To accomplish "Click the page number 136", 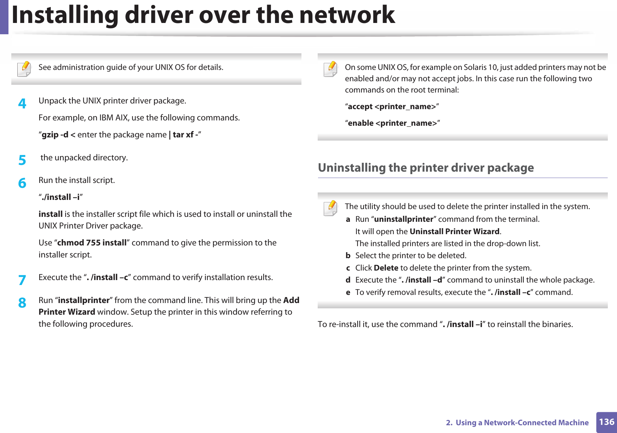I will (x=606, y=422).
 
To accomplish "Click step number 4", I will (x=22, y=103).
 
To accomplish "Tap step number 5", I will (x=22, y=160).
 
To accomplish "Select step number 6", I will (x=22, y=183).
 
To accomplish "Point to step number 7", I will (x=22, y=280).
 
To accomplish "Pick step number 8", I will (x=22, y=303).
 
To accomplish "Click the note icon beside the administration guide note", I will (x=24, y=69).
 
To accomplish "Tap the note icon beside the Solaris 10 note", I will (x=330, y=69).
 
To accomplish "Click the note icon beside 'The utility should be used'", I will (x=330, y=208).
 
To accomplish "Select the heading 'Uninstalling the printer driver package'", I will (x=426, y=167).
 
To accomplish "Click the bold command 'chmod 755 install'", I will (x=92, y=243).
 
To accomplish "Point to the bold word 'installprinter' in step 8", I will (x=84, y=300).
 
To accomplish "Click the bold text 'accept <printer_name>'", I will (x=392, y=107).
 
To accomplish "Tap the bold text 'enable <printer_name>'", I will (x=393, y=123).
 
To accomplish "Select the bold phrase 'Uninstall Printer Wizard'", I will (x=455, y=231).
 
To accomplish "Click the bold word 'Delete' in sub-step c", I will (x=386, y=268).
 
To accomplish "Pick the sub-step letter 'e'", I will (x=348, y=292).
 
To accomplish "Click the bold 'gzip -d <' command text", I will (x=59, y=135).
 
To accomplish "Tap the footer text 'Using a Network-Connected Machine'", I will (x=522, y=422).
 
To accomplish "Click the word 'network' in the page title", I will (x=347, y=15).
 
